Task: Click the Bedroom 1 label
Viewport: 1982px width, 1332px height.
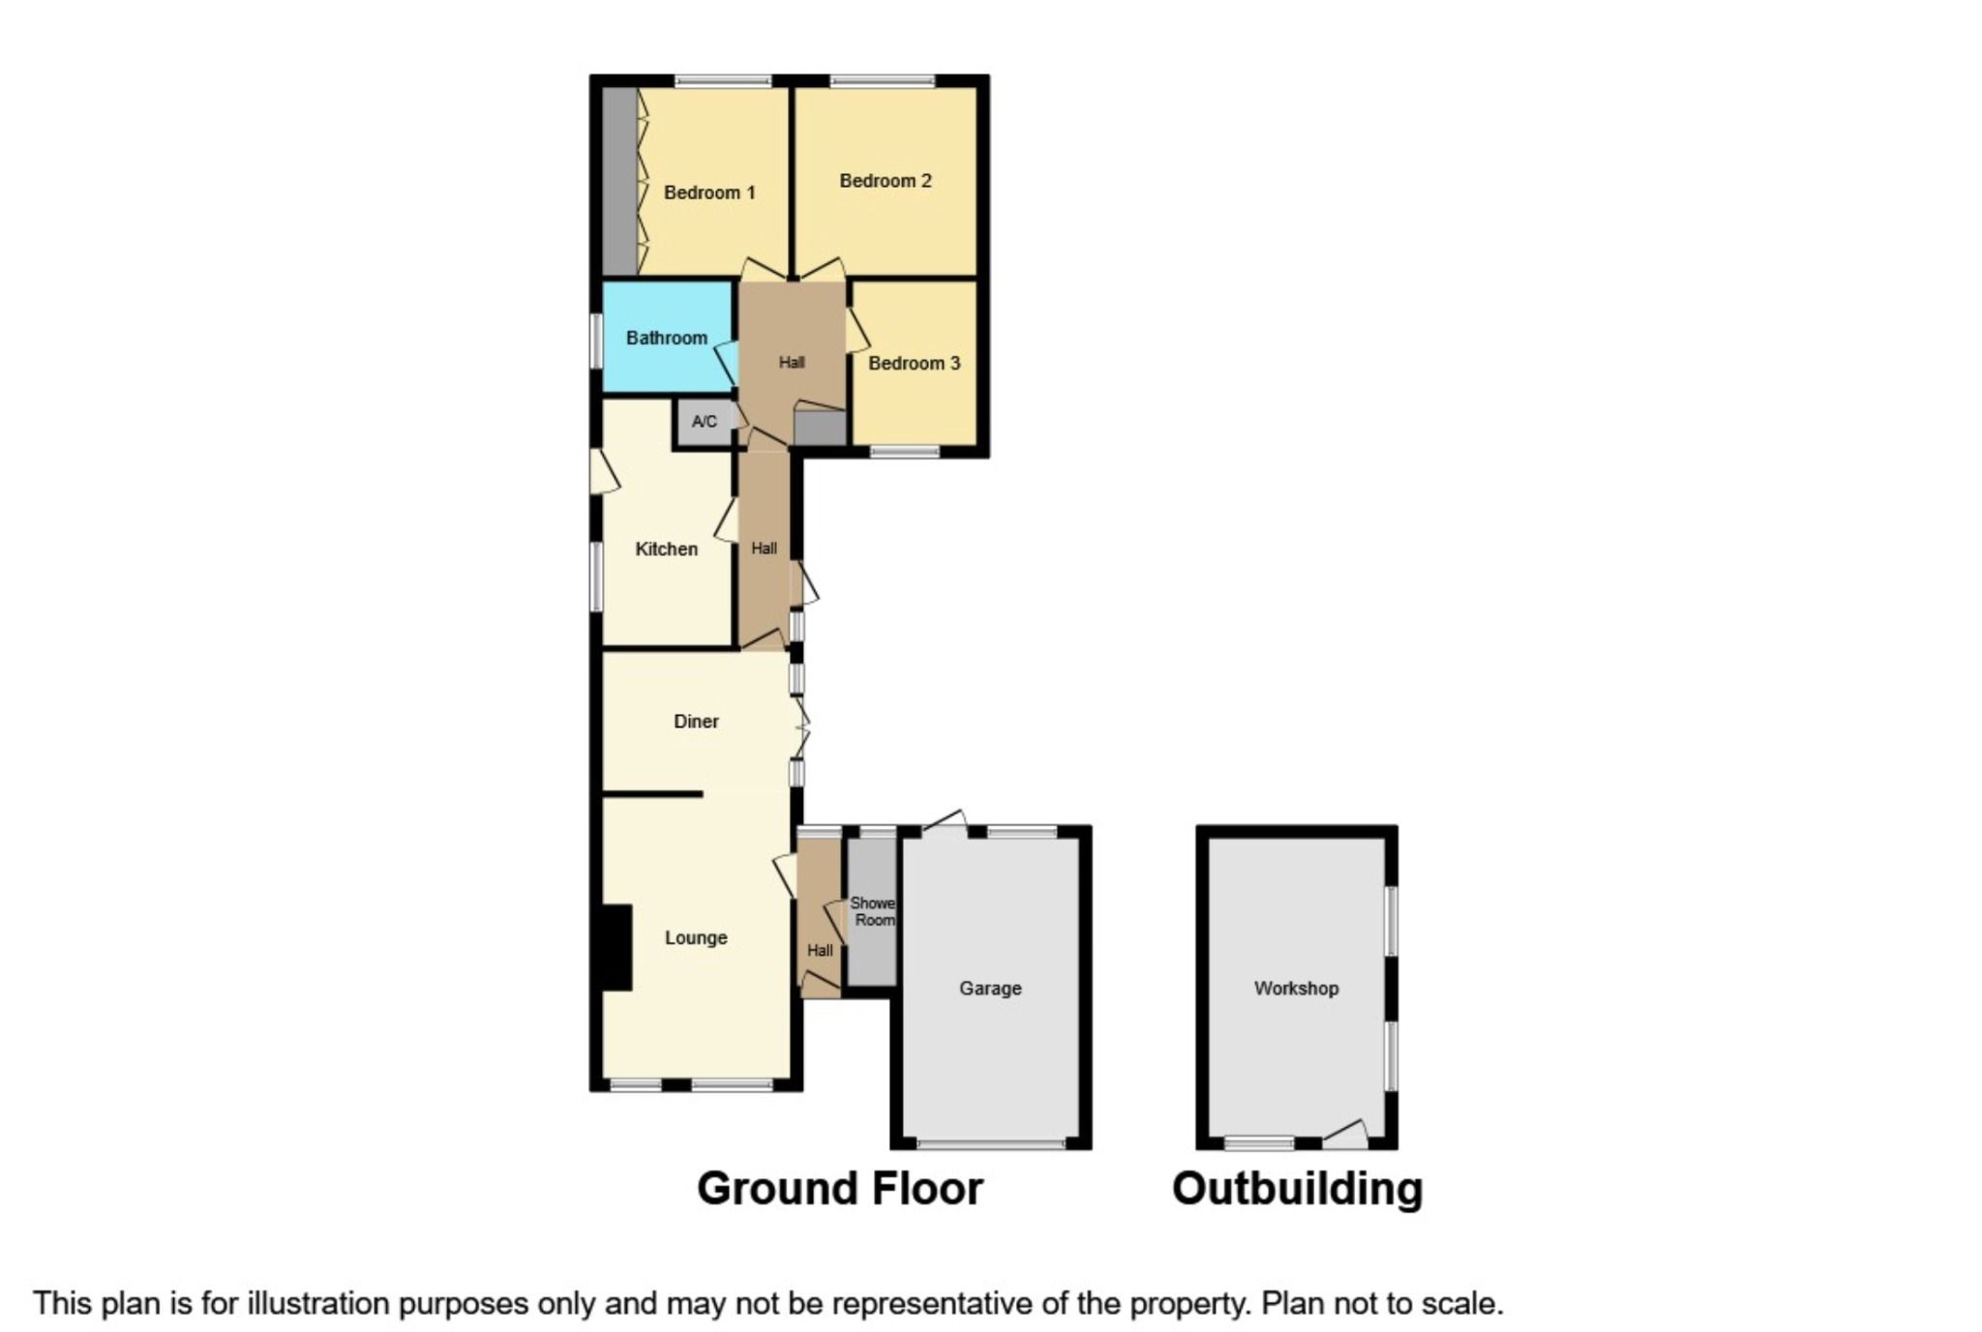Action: click(x=708, y=192)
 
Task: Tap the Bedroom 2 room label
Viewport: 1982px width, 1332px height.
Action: click(x=885, y=181)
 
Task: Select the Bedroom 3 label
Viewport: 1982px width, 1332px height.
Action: click(x=914, y=364)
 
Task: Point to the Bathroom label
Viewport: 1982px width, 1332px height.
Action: click(x=666, y=338)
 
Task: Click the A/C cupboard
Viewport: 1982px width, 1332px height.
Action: click(x=705, y=422)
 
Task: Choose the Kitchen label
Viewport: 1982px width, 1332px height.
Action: click(x=666, y=549)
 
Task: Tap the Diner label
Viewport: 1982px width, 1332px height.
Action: click(x=696, y=722)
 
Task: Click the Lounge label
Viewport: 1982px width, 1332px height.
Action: click(x=696, y=937)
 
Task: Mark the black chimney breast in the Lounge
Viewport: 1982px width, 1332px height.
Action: click(x=616, y=947)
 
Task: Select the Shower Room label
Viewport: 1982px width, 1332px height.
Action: click(x=873, y=911)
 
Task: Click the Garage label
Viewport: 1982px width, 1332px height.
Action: click(x=990, y=989)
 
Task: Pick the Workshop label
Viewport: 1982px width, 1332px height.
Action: click(x=1296, y=989)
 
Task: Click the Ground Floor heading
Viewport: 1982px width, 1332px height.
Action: click(x=839, y=1189)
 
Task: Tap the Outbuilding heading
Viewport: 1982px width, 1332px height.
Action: click(x=1297, y=1189)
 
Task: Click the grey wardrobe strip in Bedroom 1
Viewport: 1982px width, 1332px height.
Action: click(x=619, y=181)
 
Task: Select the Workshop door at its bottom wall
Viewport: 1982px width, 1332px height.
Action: click(x=1345, y=1136)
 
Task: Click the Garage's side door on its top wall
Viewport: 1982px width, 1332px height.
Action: click(x=946, y=821)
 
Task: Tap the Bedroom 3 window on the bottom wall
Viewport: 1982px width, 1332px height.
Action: click(x=904, y=451)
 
